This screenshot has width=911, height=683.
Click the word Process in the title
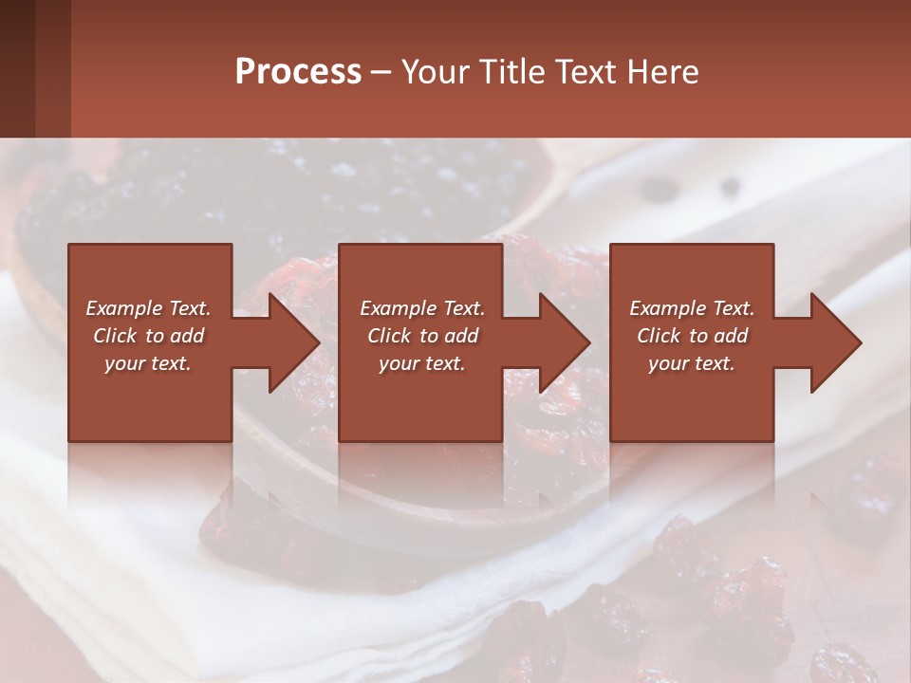(x=298, y=72)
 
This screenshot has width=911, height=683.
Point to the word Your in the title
(x=436, y=72)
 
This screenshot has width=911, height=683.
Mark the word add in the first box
(x=187, y=336)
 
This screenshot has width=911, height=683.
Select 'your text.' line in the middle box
(x=421, y=363)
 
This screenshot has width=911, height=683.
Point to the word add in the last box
(x=731, y=336)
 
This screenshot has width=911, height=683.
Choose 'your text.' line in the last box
(x=691, y=363)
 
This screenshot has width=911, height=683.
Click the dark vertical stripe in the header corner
(x=17, y=68)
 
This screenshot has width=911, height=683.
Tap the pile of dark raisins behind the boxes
(x=285, y=190)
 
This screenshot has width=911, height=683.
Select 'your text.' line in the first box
(x=147, y=363)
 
